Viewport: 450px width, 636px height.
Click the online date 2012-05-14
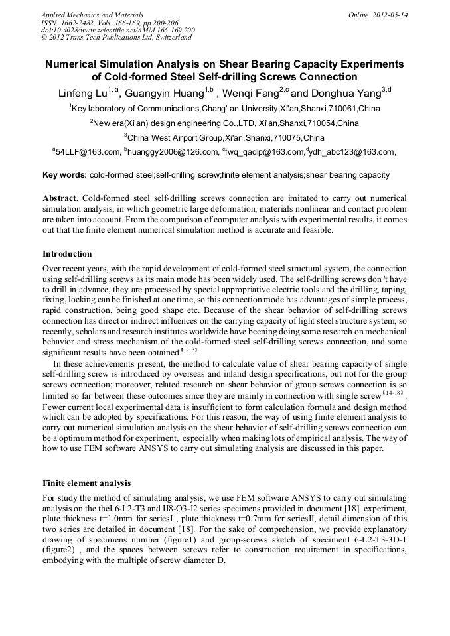(389, 14)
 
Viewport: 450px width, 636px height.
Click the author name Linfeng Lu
(86, 93)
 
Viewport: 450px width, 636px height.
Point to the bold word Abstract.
(60, 198)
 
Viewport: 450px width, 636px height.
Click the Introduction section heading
(67, 254)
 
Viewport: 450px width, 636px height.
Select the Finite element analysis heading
(86, 483)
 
